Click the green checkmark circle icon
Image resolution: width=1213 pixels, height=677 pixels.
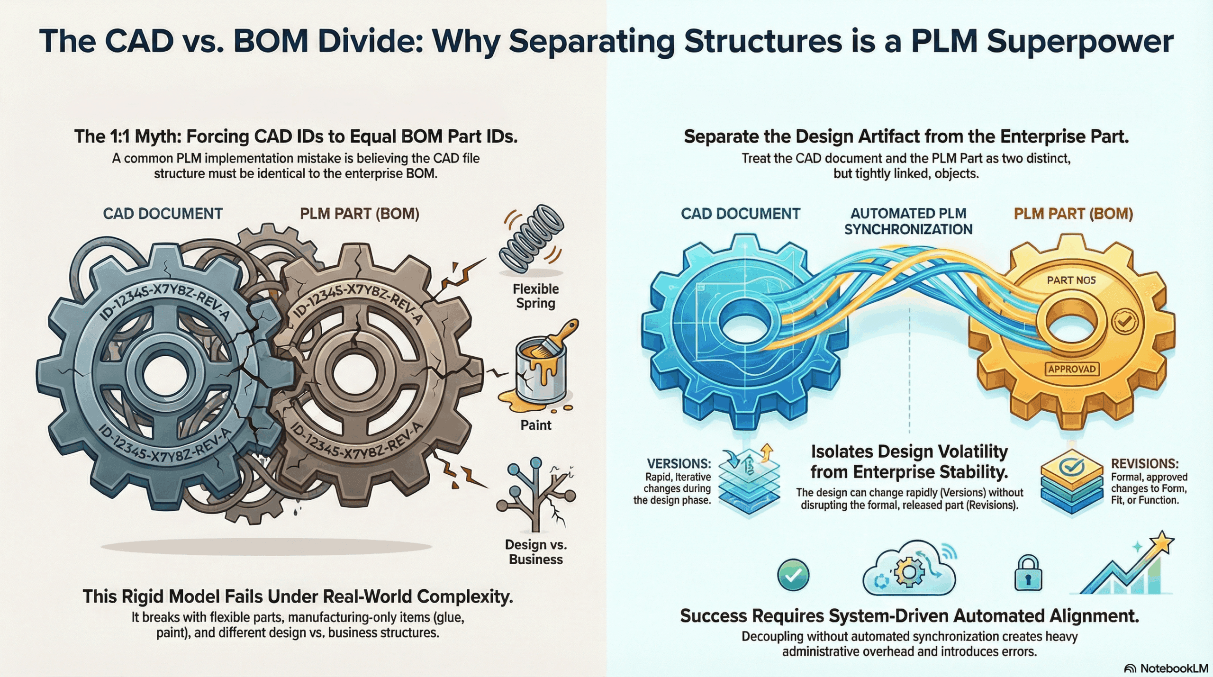click(793, 575)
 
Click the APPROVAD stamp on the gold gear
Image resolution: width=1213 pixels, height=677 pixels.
click(1071, 369)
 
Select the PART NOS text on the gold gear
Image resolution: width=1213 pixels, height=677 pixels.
click(1071, 280)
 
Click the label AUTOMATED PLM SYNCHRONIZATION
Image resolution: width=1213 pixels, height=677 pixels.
click(908, 221)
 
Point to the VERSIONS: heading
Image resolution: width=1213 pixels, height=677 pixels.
click(679, 463)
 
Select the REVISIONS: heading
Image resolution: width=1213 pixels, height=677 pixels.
click(1144, 463)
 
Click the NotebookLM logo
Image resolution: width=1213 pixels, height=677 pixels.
click(1166, 668)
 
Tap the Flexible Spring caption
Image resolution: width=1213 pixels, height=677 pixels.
click(535, 296)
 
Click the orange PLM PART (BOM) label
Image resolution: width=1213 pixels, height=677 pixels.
click(1073, 214)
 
